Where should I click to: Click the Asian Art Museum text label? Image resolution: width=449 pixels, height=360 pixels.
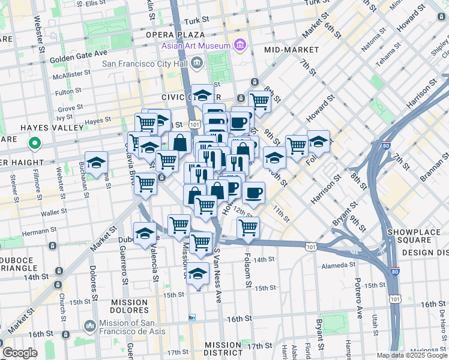195,46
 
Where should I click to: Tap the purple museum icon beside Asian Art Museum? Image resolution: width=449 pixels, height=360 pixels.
240,45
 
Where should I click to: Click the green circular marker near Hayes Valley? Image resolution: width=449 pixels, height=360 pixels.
34,144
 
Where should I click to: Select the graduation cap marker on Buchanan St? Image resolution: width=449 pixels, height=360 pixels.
96,163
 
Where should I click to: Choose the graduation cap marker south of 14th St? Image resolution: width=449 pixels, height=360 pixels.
197,273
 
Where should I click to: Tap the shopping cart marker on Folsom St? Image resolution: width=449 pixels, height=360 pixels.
248,227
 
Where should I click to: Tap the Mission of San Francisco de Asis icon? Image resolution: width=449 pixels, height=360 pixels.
90,326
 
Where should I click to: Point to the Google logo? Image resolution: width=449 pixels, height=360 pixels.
20,353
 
